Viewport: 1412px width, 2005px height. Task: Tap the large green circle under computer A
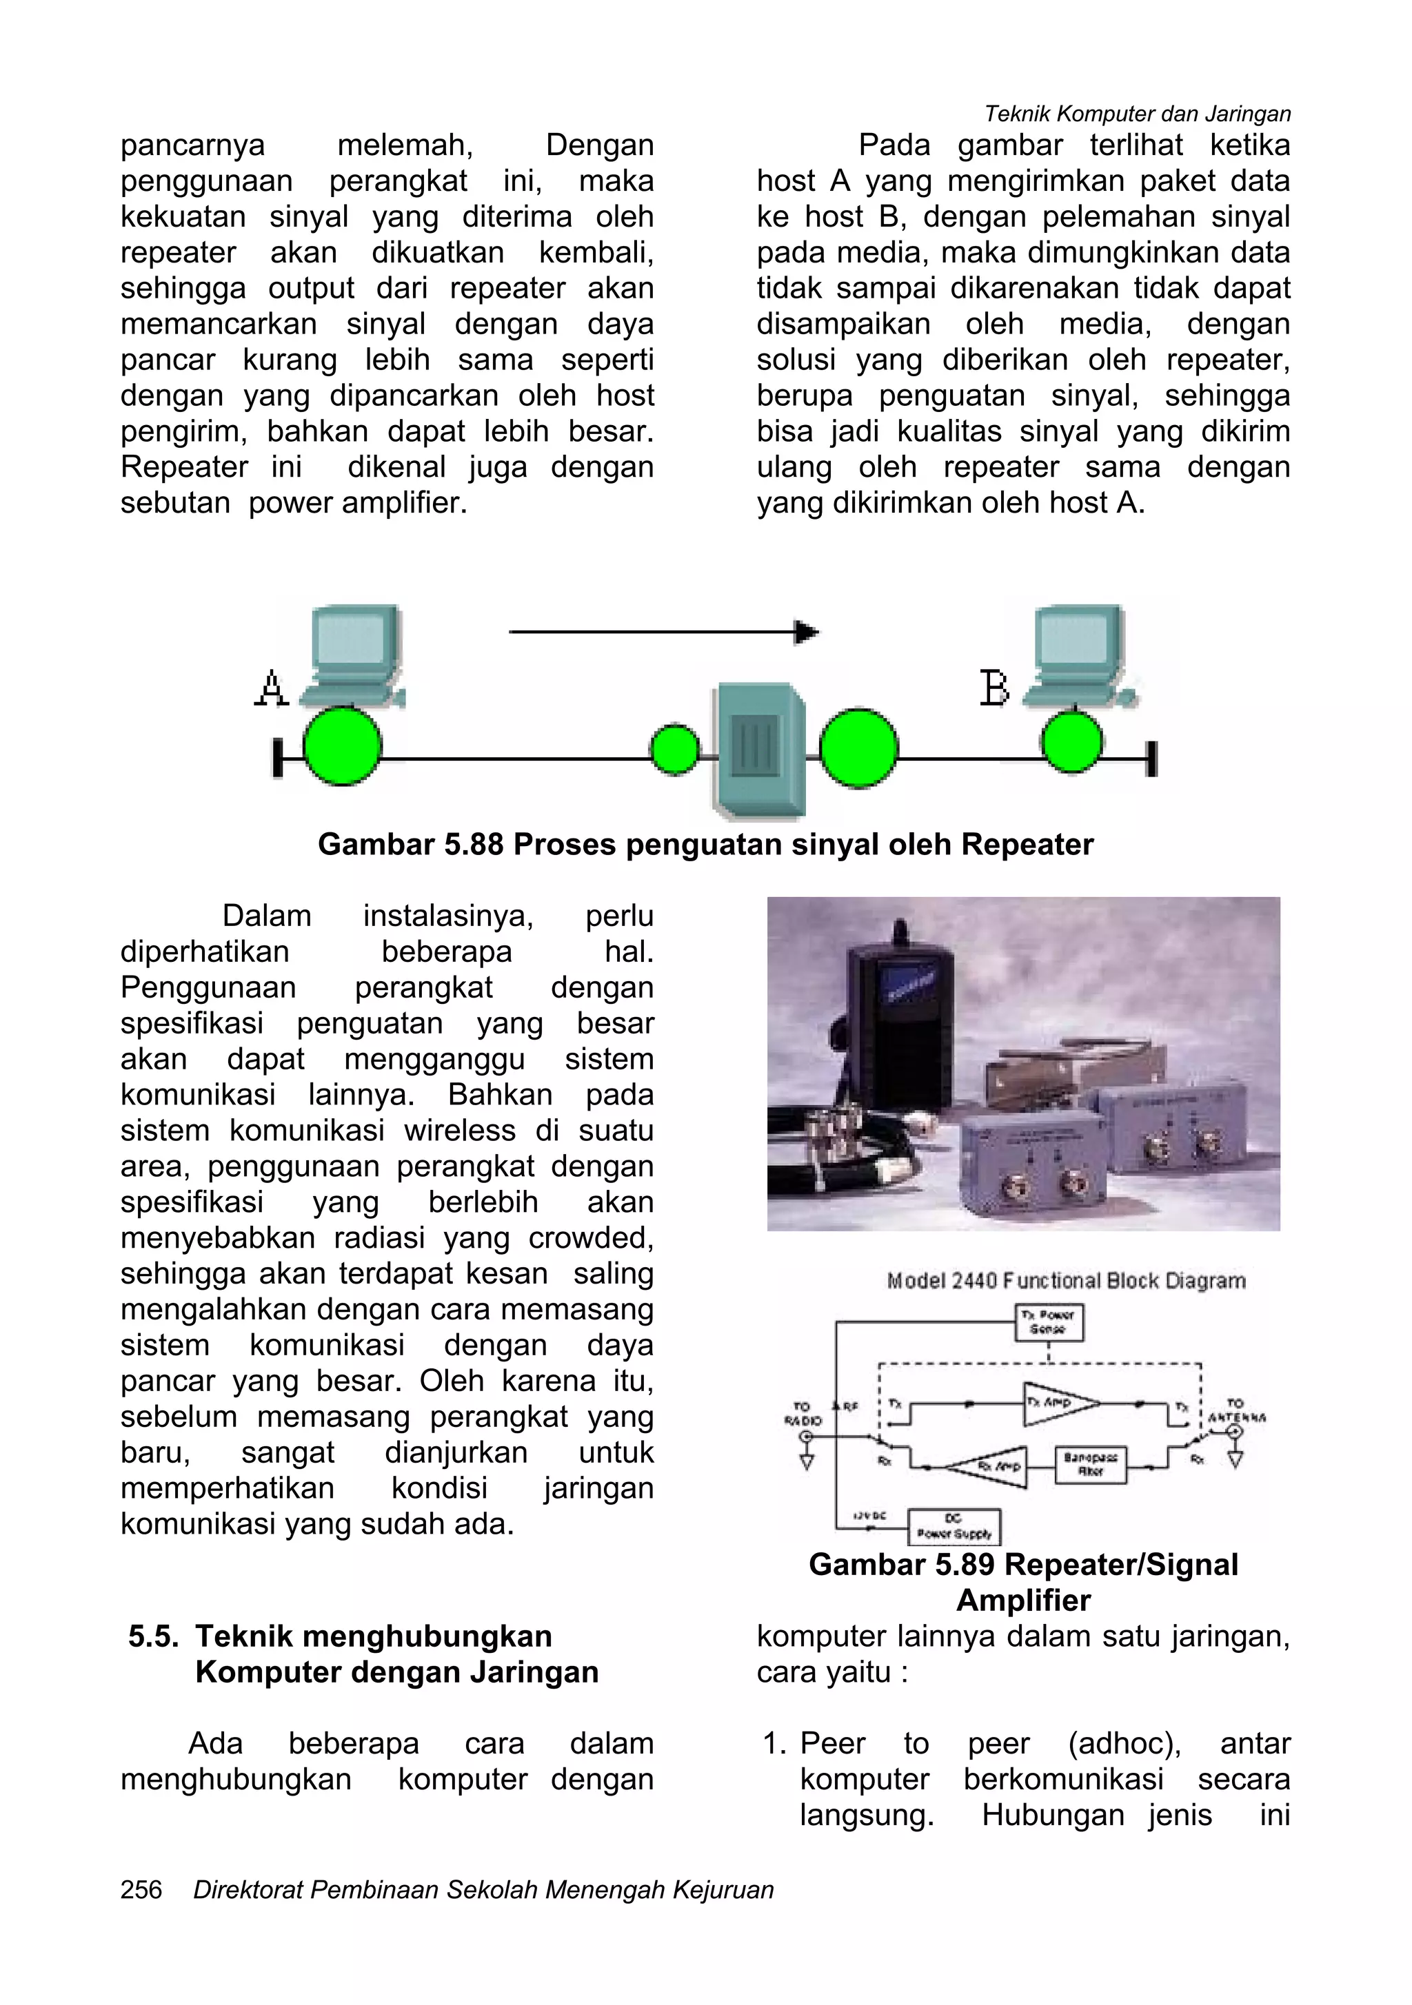click(343, 747)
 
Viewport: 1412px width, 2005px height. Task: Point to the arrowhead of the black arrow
click(805, 631)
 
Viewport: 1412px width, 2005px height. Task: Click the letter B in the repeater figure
click(994, 688)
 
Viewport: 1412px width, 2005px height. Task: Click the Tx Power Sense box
click(1049, 1322)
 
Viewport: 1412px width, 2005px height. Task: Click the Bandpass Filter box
click(1091, 1464)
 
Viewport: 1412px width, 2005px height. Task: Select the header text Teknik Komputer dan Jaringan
click(1137, 114)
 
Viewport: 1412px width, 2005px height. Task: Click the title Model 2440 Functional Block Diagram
click(1066, 1281)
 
